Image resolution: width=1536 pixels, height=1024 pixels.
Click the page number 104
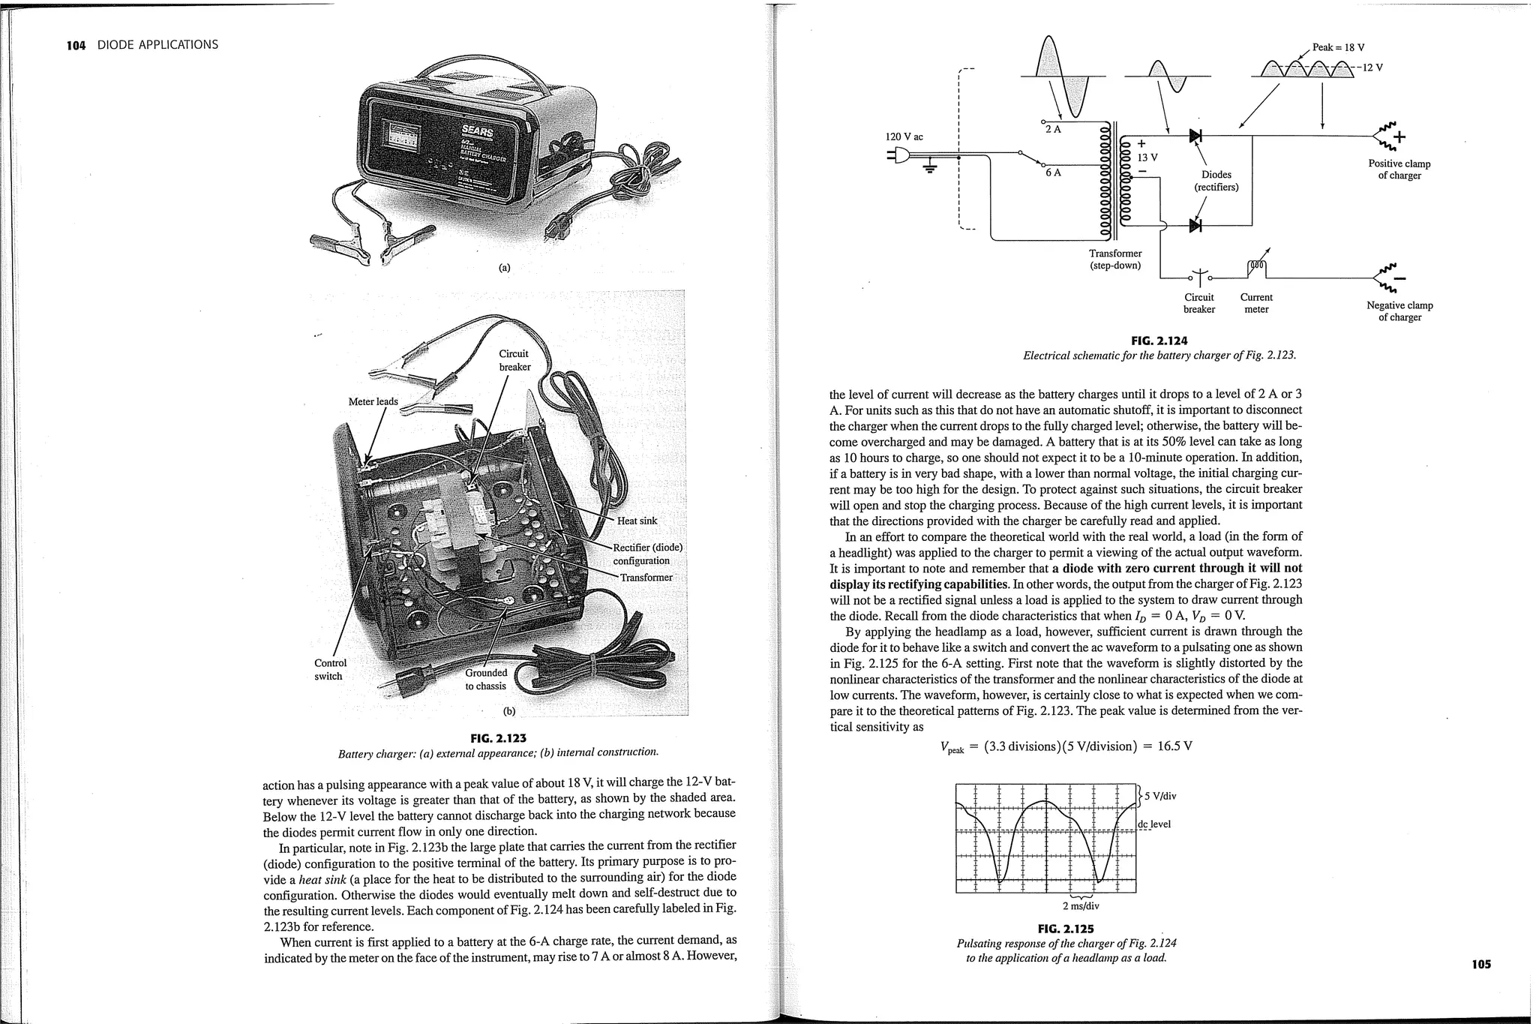[76, 45]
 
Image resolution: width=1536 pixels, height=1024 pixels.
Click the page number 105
[1480, 965]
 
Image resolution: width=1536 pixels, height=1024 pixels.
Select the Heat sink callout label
[637, 521]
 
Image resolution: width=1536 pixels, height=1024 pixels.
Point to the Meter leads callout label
[373, 401]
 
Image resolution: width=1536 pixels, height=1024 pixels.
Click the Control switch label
[330, 669]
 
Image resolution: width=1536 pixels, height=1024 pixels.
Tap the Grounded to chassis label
[486, 679]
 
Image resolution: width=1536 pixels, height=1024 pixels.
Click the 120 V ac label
[904, 137]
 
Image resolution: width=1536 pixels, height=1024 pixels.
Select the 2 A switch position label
[1053, 129]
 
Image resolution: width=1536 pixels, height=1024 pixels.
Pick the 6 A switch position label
[1053, 173]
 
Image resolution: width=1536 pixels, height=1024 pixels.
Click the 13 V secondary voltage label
[1147, 158]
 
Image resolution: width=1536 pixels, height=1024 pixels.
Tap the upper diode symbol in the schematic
[1195, 136]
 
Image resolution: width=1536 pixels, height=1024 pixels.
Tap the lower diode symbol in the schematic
[1195, 225]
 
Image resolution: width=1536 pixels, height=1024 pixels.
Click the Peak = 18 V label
[1338, 47]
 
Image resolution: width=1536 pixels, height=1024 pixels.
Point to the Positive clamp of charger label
[1399, 170]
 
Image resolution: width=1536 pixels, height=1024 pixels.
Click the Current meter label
[1256, 303]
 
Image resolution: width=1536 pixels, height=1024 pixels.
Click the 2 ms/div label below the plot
[1080, 905]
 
